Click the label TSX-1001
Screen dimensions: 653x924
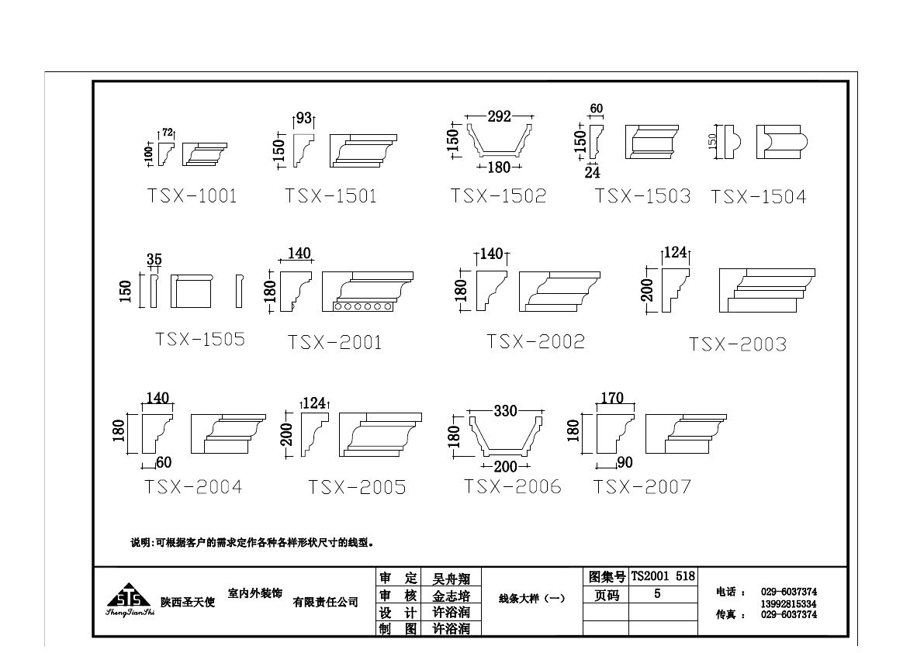click(x=192, y=195)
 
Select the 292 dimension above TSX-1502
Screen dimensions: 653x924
click(x=499, y=116)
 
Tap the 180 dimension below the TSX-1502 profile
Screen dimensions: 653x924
click(x=500, y=168)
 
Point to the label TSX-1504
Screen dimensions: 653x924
click(x=758, y=197)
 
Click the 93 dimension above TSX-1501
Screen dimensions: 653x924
click(x=303, y=119)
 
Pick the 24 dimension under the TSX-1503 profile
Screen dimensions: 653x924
click(x=592, y=173)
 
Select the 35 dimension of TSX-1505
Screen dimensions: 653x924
click(x=154, y=260)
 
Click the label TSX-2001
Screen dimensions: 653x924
click(x=334, y=342)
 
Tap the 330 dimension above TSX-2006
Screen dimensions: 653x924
click(x=505, y=411)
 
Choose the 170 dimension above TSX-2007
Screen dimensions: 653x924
click(x=612, y=399)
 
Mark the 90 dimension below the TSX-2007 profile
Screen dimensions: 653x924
click(x=625, y=463)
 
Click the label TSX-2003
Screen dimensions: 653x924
click(x=737, y=344)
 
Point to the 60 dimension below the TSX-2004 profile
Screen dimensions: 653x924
click(x=164, y=463)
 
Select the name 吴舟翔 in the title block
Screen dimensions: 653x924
click(x=451, y=579)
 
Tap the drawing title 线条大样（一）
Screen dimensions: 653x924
click(x=531, y=598)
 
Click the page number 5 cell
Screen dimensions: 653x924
click(x=657, y=595)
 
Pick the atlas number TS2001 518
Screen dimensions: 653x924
click(x=663, y=577)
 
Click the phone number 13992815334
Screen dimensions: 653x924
click(x=788, y=603)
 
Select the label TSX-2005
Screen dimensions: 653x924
click(x=357, y=487)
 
